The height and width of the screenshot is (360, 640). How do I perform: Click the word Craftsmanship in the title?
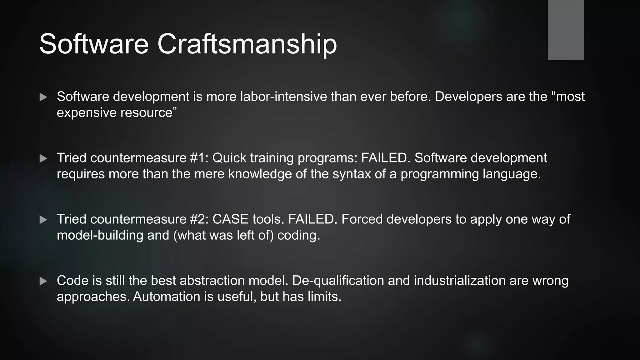pos(247,44)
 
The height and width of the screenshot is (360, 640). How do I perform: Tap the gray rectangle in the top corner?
pos(566,30)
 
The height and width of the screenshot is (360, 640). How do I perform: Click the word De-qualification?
pos(338,280)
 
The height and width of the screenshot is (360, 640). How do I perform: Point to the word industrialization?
pos(459,280)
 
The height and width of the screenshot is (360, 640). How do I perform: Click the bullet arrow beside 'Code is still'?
pos(43,281)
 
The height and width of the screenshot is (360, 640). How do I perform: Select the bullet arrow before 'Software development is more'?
pos(43,97)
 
